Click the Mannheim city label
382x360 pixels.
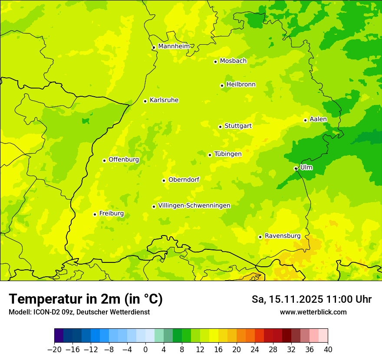click(x=174, y=46)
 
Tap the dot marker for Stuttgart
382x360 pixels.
click(x=220, y=127)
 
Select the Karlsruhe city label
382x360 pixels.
click(x=164, y=100)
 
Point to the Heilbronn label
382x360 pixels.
click(x=241, y=85)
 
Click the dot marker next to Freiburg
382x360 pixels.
click(x=95, y=214)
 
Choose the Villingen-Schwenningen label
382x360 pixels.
click(x=194, y=206)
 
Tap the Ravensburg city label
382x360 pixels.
click(x=282, y=236)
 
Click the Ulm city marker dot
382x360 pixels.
click(x=296, y=168)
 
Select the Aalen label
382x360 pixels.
click(x=318, y=119)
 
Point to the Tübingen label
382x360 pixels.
click(x=228, y=154)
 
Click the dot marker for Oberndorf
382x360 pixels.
click(x=164, y=180)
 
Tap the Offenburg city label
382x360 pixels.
click(x=124, y=160)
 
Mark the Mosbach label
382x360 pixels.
click(x=233, y=61)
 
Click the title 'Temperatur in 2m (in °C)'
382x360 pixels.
click(x=86, y=299)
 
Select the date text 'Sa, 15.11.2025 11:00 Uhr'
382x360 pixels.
click(x=311, y=299)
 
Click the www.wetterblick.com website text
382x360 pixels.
click(x=313, y=312)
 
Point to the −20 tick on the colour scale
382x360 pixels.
click(x=54, y=349)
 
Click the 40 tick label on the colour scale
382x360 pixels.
click(x=328, y=349)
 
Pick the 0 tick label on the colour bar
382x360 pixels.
click(x=145, y=349)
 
